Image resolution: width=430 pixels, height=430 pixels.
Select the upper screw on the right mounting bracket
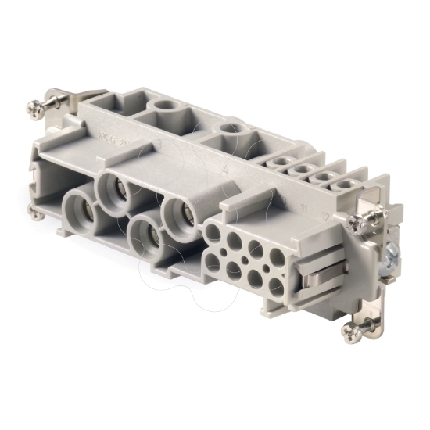357,223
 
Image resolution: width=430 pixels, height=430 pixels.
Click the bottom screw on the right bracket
349,332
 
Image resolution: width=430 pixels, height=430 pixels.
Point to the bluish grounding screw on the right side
390,252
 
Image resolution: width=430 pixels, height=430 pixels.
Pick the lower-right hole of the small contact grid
275,288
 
